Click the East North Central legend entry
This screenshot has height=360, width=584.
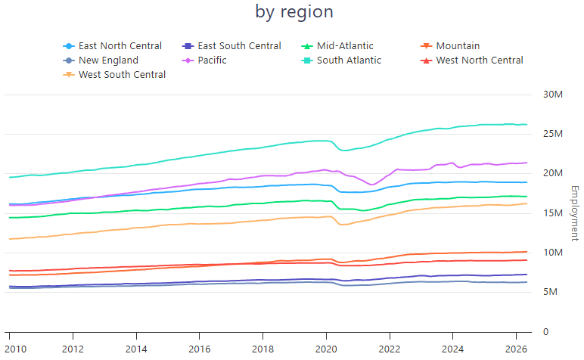[x=113, y=46]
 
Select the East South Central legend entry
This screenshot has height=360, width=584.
[x=231, y=46]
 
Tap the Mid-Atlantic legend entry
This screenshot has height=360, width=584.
[x=337, y=46]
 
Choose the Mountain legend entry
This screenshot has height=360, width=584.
[x=450, y=46]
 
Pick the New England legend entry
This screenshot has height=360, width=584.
[x=101, y=61]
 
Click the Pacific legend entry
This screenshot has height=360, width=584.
[x=204, y=61]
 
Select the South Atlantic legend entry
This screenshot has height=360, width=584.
[x=341, y=61]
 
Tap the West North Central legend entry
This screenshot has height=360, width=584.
[x=472, y=61]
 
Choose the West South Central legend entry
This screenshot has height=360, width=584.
[x=114, y=75]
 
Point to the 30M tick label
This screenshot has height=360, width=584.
[x=553, y=95]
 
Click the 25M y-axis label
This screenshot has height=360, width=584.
[x=553, y=134]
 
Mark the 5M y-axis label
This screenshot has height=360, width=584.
[x=550, y=292]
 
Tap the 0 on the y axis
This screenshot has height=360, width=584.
[x=545, y=332]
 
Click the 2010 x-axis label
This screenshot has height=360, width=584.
[x=16, y=349]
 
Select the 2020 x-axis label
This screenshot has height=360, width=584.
[x=326, y=349]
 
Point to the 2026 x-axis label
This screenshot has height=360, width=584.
[x=516, y=349]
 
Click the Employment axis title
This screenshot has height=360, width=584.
[x=575, y=213]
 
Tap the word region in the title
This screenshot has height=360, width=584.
[x=307, y=12]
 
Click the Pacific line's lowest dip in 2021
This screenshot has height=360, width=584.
[x=371, y=185]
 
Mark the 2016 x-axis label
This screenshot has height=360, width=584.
[x=200, y=349]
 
